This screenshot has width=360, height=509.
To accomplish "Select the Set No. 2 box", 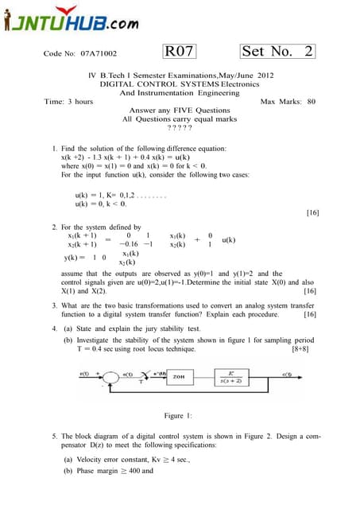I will click(277, 52).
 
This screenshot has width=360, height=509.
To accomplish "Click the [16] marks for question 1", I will click(312, 213).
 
